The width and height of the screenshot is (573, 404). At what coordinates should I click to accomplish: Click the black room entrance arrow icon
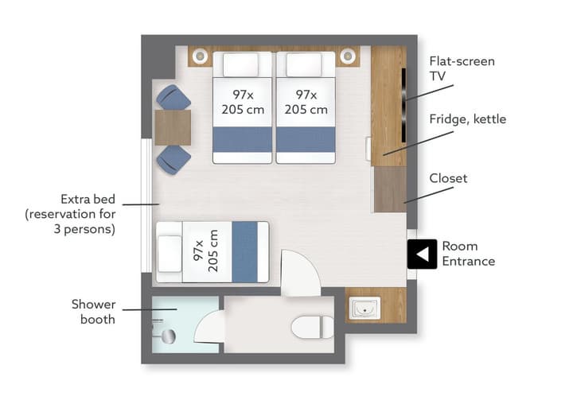422,254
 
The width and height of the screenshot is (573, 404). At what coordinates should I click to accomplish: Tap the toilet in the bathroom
313,327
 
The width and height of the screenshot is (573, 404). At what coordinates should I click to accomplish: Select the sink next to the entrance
364,309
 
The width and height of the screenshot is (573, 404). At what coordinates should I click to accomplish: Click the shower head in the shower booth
168,336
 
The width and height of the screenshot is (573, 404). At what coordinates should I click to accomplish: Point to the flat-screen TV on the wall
403,105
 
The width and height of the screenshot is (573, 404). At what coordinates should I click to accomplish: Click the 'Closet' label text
448,178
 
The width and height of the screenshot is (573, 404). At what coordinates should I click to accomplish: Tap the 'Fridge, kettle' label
467,119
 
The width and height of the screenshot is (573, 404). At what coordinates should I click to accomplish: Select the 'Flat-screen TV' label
462,68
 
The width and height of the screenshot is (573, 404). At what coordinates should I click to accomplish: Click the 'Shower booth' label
94,312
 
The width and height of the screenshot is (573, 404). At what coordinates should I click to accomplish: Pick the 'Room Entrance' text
469,254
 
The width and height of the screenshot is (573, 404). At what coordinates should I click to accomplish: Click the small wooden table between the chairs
173,127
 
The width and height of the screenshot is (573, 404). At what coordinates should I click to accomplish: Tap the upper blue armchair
173,97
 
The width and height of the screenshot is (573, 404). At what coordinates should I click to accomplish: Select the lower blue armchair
173,159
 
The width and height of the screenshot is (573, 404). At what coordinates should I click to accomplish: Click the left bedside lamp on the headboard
200,56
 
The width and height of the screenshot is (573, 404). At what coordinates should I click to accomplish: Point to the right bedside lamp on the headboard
348,56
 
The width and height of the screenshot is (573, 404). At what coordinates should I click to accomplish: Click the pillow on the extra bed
170,254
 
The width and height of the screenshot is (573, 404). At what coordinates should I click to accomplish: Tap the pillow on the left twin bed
241,65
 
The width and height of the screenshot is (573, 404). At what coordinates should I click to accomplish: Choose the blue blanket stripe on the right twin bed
306,139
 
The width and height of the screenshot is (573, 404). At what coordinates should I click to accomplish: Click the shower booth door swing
209,327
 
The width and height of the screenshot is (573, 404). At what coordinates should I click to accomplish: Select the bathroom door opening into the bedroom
300,273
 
